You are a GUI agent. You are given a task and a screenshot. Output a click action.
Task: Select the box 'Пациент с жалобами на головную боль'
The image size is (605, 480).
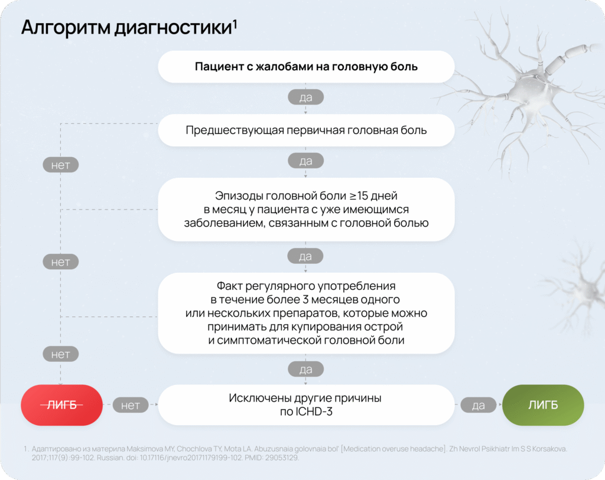click(x=305, y=67)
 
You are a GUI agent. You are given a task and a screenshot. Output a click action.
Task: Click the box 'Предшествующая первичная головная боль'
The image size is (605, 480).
click(x=305, y=130)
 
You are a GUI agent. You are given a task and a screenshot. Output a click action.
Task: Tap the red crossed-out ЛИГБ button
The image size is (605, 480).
click(x=61, y=404)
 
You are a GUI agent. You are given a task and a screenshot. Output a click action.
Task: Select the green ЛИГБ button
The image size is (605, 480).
click(x=543, y=404)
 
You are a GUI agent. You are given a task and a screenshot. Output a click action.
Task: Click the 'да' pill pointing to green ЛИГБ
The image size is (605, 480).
click(x=478, y=405)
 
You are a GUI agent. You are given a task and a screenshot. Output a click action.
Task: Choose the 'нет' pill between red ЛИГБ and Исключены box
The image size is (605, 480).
click(x=131, y=405)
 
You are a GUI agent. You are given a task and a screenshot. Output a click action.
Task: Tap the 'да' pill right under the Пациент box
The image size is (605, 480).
click(x=305, y=97)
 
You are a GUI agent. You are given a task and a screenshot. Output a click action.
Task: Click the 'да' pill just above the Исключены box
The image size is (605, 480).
click(x=305, y=370)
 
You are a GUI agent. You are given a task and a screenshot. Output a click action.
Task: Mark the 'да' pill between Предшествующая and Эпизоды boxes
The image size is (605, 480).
click(x=305, y=161)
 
